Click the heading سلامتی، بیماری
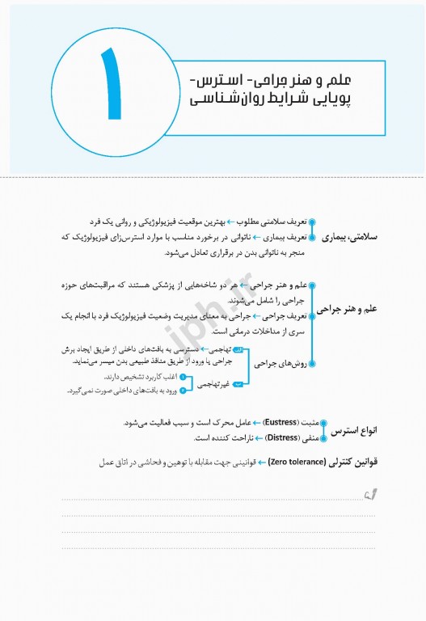[x=356, y=239]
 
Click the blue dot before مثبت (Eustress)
[x=323, y=423]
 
